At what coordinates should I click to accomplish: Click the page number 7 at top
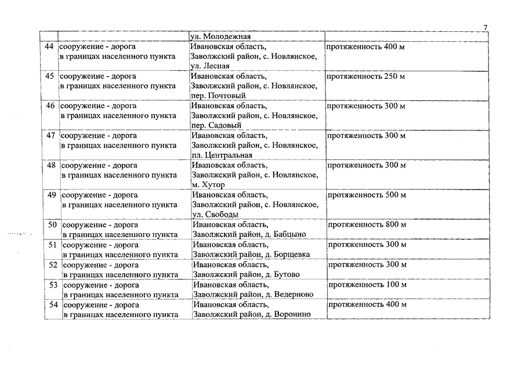point(486,27)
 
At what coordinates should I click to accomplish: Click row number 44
point(49,46)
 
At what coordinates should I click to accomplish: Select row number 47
point(50,136)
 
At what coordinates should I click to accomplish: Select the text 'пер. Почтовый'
point(218,96)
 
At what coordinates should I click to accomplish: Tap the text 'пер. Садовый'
point(216,125)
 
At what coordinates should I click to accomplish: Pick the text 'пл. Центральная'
point(222,155)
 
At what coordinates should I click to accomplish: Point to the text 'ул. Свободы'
point(215,214)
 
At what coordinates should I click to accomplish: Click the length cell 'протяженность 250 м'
point(365,77)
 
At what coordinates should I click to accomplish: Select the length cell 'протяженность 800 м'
point(367,225)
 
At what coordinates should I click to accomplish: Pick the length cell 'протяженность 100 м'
point(367,285)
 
